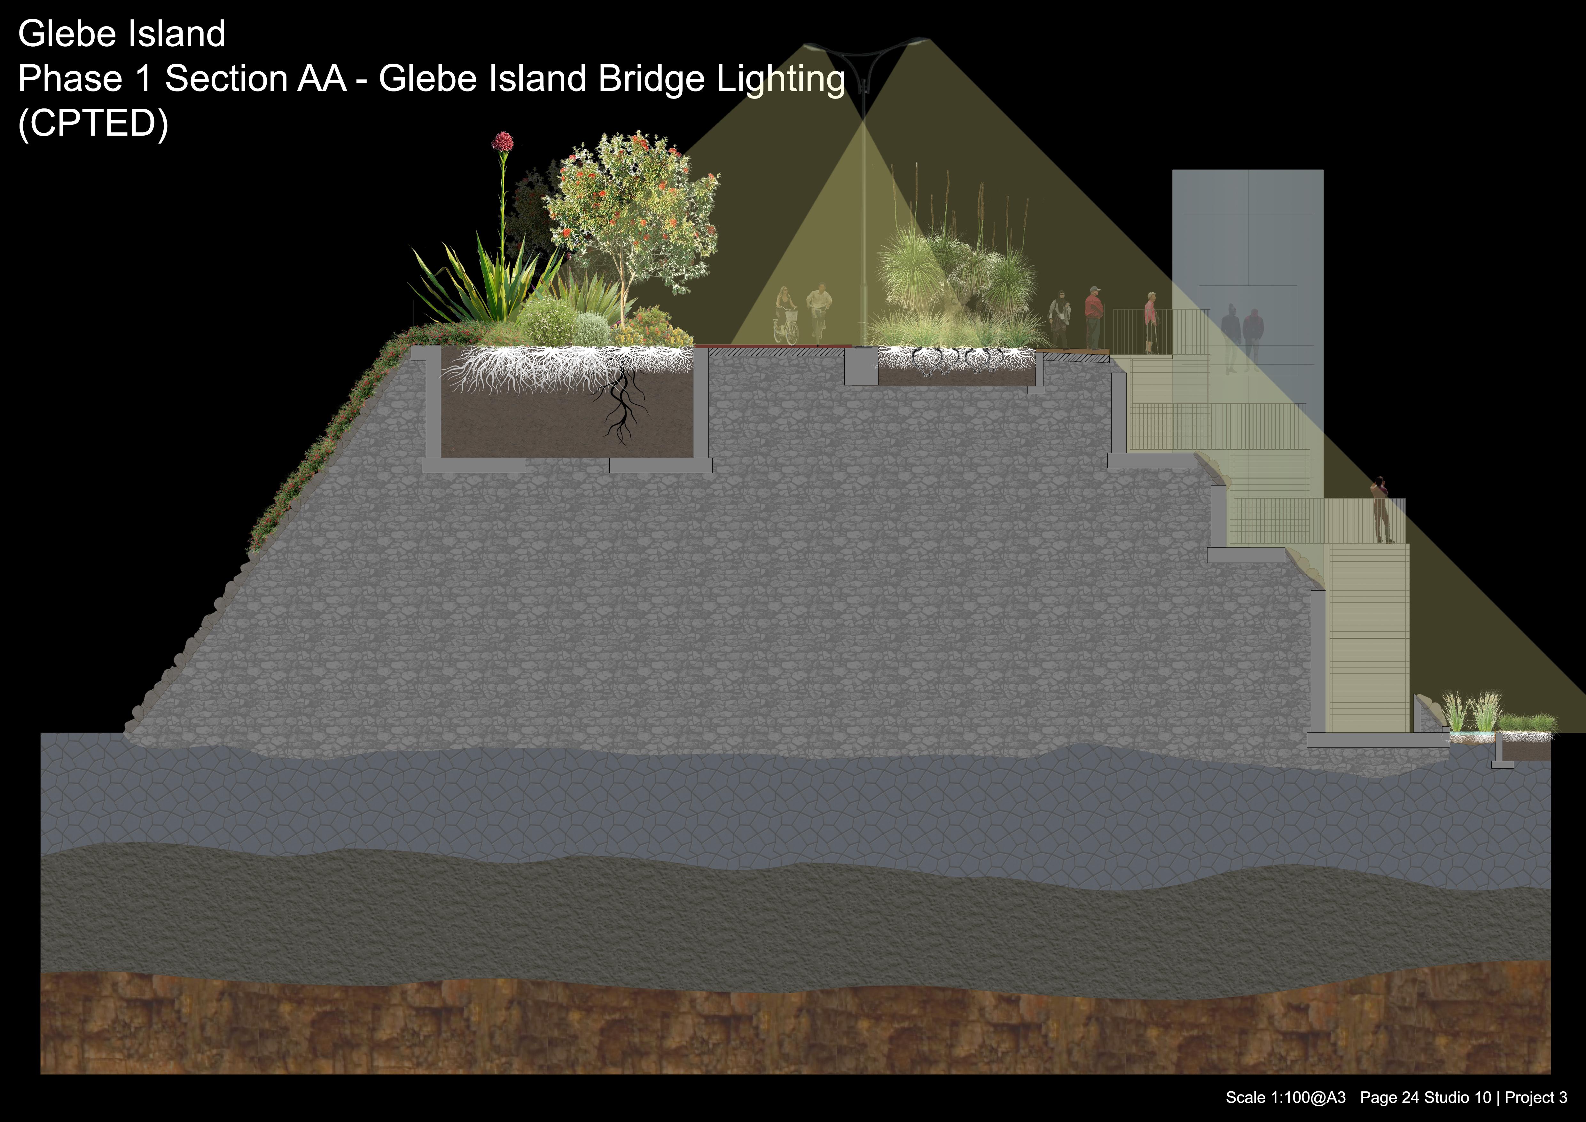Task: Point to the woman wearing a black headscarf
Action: pyautogui.click(x=1059, y=318)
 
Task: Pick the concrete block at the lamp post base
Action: pyautogui.click(x=861, y=366)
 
